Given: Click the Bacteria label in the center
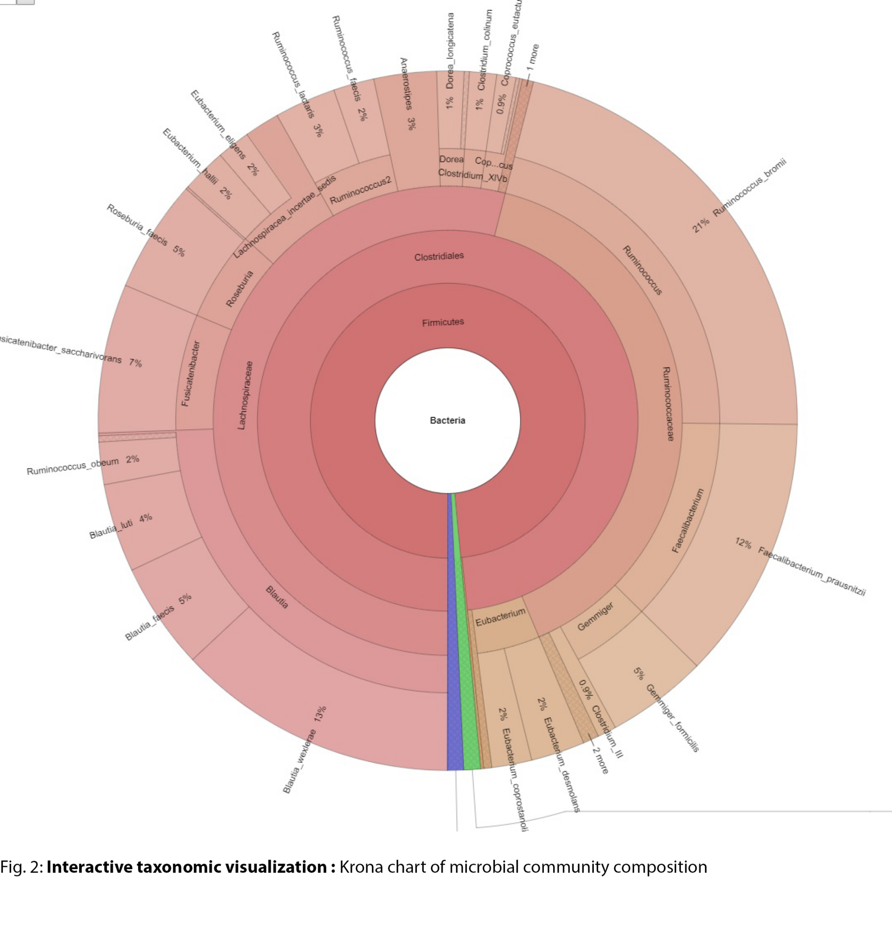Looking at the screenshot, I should [448, 421].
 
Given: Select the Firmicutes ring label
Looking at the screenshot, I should [442, 323].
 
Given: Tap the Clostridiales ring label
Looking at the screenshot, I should [439, 257].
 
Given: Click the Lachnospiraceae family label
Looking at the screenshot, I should [245, 396].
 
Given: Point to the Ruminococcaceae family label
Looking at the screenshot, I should [668, 403].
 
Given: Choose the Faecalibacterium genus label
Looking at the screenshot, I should [687, 520].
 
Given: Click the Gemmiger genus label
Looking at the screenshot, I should [595, 616].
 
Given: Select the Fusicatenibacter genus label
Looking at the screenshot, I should [191, 373].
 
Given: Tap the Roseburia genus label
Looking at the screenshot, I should [240, 288].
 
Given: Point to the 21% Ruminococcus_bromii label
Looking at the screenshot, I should [739, 195].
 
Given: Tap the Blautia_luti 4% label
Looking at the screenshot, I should [121, 526].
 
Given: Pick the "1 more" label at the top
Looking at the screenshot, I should [533, 57].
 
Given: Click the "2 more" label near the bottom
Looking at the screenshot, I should [600, 760].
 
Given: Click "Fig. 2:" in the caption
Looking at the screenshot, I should [22, 867].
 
